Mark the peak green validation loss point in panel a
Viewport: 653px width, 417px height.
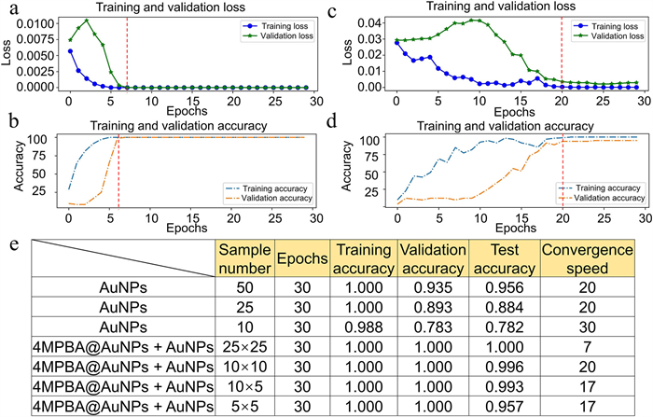tap(87, 21)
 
